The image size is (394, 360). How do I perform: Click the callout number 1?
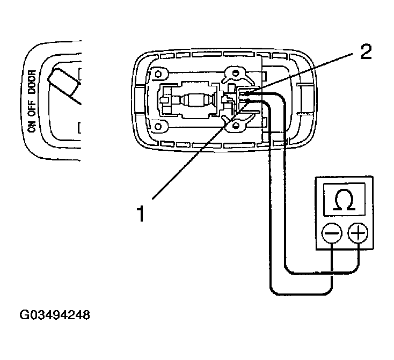coord(141,214)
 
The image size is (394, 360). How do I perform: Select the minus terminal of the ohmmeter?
coord(332,234)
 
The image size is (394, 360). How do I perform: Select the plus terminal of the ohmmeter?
coord(358,234)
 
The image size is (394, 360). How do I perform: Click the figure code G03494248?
coord(55,314)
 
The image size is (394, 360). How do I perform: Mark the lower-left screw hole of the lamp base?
coord(159,127)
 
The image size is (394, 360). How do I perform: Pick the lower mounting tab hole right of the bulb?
coord(235,127)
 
